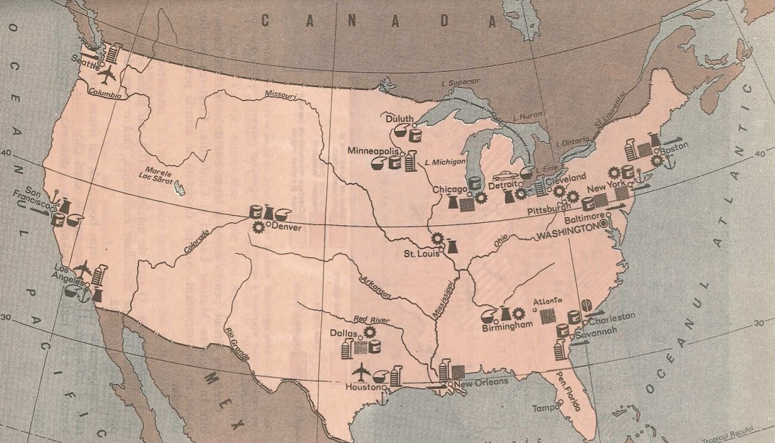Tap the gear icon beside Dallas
[x=370, y=332]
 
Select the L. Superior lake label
[x=451, y=84]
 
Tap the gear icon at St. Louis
[x=438, y=238]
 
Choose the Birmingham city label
[x=508, y=325]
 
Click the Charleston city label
[x=612, y=316]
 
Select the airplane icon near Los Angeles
[x=83, y=267]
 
